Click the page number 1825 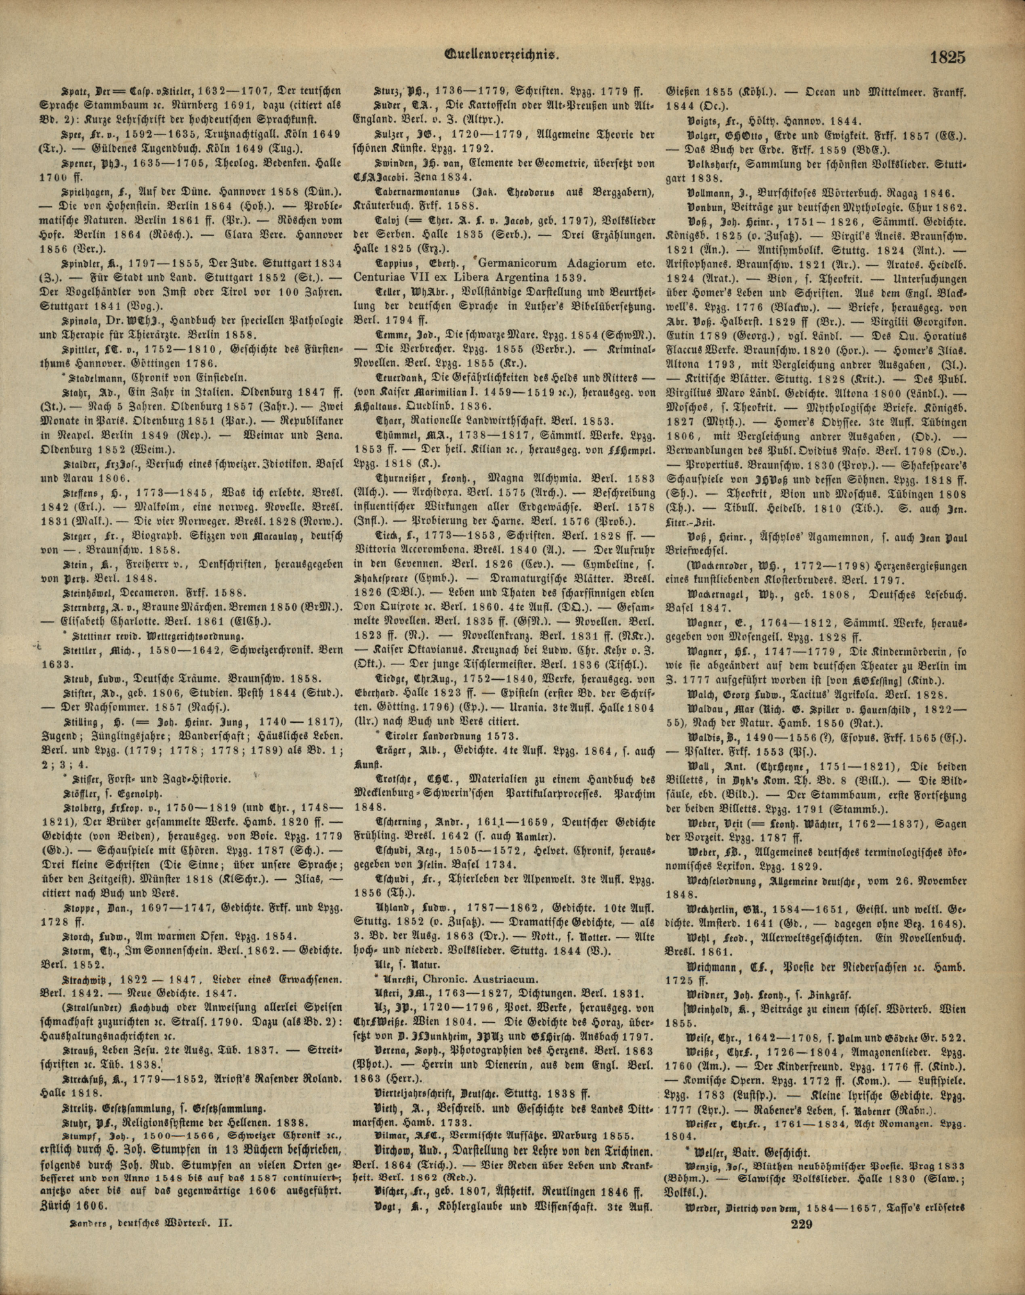point(947,58)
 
